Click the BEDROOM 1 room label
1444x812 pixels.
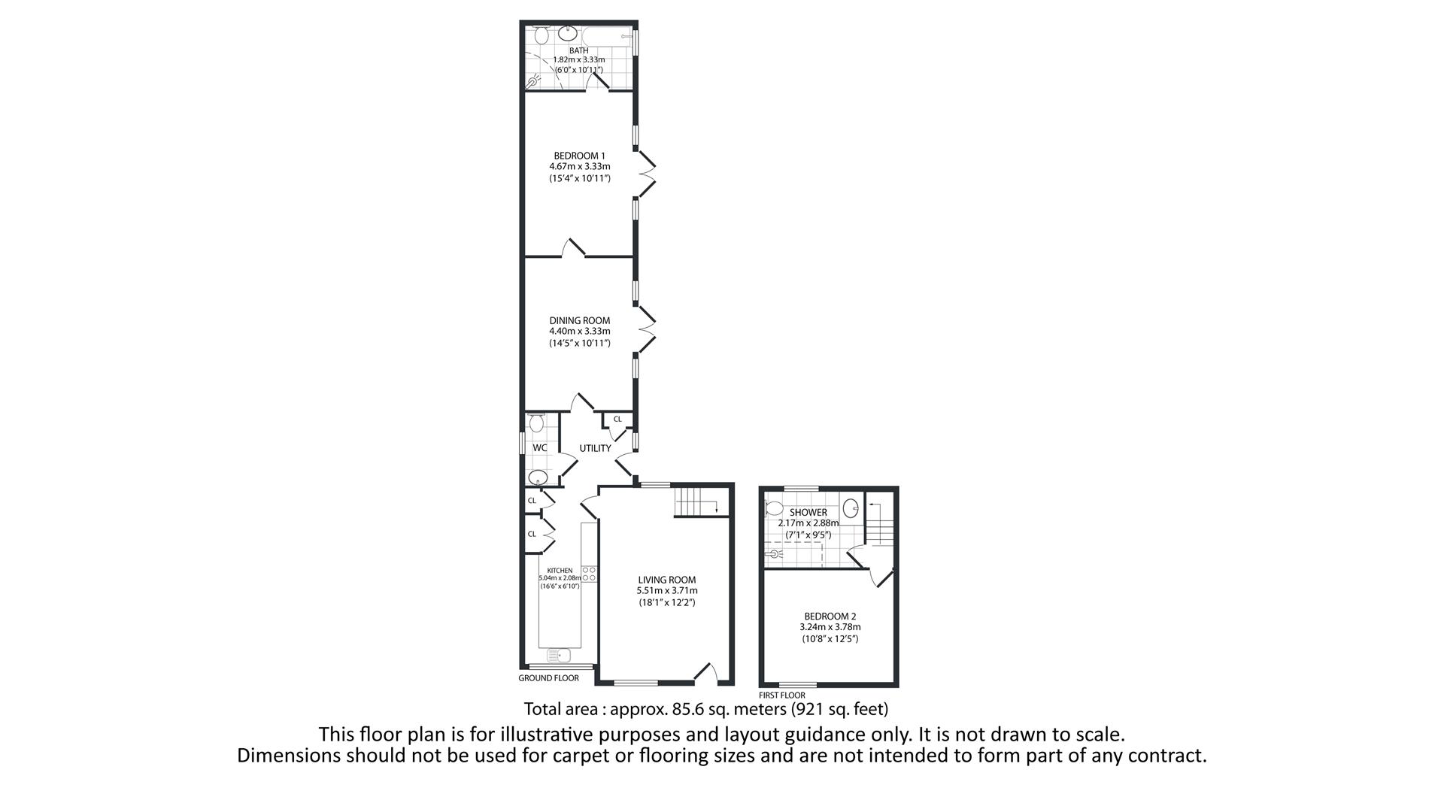(579, 156)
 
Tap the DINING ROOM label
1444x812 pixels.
(579, 320)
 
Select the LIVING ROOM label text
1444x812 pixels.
(666, 580)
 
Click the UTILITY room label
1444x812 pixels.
(595, 448)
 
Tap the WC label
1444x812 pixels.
(540, 448)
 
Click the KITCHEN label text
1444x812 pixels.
(560, 571)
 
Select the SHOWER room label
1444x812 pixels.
(808, 512)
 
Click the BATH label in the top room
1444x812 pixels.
(578, 50)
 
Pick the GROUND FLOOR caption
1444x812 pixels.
(548, 678)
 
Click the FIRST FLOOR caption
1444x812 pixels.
(781, 695)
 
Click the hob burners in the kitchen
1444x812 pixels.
(590, 574)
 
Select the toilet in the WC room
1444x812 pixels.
(536, 423)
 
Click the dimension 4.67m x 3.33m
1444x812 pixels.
(579, 167)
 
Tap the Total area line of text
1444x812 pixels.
(705, 709)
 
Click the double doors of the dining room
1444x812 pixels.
(645, 329)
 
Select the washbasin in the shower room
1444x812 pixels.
(851, 507)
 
